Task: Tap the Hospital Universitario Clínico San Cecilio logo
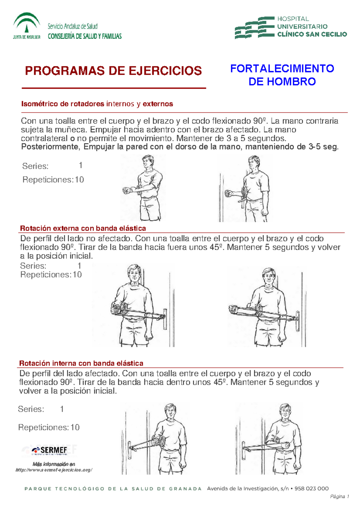[x=290, y=27]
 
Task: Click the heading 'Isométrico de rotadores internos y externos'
[x=97, y=104]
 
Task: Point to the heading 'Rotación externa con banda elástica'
[x=83, y=228]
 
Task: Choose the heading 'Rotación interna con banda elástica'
[x=81, y=363]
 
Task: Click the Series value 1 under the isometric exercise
[x=80, y=165]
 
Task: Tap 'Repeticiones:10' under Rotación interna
[x=49, y=427]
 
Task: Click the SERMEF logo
[x=50, y=450]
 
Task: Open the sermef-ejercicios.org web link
[x=54, y=470]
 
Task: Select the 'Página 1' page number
[x=339, y=497]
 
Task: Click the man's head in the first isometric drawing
[x=148, y=162]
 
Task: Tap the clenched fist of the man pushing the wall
[x=229, y=193]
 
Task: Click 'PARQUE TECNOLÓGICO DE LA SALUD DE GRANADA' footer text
[x=113, y=489]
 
